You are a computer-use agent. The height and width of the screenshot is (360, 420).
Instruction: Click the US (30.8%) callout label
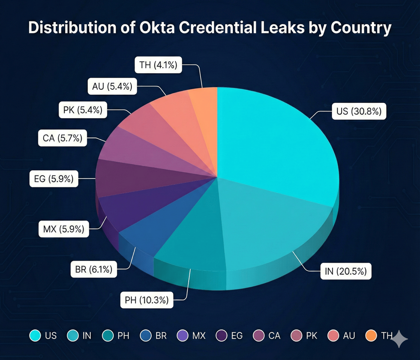[x=359, y=111]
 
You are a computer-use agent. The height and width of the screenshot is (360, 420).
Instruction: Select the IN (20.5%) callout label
[x=346, y=271]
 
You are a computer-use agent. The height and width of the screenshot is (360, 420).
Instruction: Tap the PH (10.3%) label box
[x=147, y=300]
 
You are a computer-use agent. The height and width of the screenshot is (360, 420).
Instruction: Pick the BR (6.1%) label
[x=93, y=269]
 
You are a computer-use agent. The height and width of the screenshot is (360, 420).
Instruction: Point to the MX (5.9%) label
[x=64, y=229]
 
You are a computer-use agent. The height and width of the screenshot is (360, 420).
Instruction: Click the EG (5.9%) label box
[x=54, y=179]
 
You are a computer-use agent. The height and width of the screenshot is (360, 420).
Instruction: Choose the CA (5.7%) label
[x=62, y=138]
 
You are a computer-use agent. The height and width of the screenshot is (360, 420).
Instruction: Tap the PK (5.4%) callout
[x=83, y=110]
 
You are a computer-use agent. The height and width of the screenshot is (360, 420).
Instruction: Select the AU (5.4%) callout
[x=112, y=86]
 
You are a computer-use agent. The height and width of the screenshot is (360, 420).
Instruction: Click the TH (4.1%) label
[x=158, y=65]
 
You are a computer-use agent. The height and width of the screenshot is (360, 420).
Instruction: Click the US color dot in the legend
[x=35, y=335]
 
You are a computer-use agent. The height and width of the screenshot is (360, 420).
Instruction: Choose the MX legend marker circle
[x=183, y=335]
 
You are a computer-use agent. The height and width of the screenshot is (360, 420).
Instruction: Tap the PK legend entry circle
[x=296, y=335]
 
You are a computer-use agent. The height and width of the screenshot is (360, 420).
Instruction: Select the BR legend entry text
[x=161, y=335]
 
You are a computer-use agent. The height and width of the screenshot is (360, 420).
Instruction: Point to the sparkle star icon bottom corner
[x=399, y=339]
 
